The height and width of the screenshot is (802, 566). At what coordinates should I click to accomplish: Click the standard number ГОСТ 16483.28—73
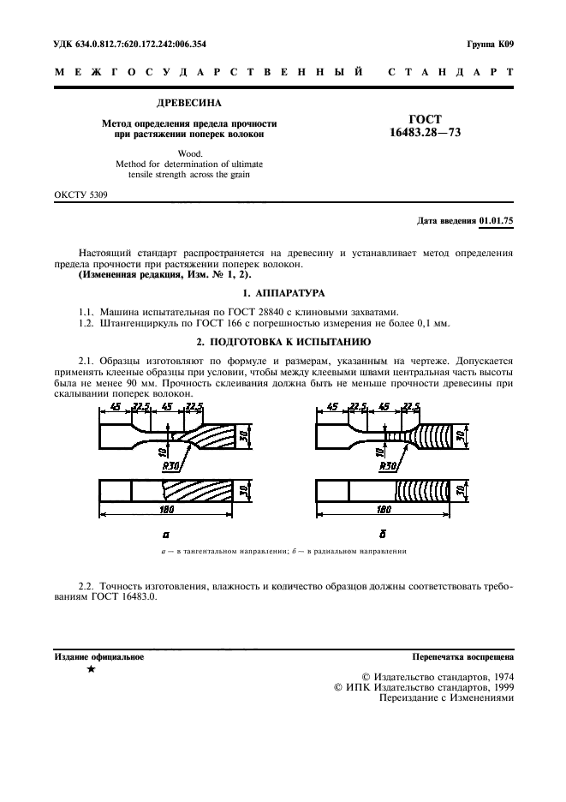[x=425, y=126]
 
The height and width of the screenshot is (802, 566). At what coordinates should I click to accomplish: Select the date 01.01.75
[x=496, y=220]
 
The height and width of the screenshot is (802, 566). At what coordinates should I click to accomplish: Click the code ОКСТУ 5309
[x=80, y=195]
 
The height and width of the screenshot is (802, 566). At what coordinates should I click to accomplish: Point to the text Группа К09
[x=490, y=44]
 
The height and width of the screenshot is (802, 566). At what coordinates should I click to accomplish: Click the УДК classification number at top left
[x=129, y=44]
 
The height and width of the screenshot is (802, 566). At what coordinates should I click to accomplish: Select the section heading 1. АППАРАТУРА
[x=283, y=292]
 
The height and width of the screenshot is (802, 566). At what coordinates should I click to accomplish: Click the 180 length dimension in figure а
[x=167, y=510]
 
